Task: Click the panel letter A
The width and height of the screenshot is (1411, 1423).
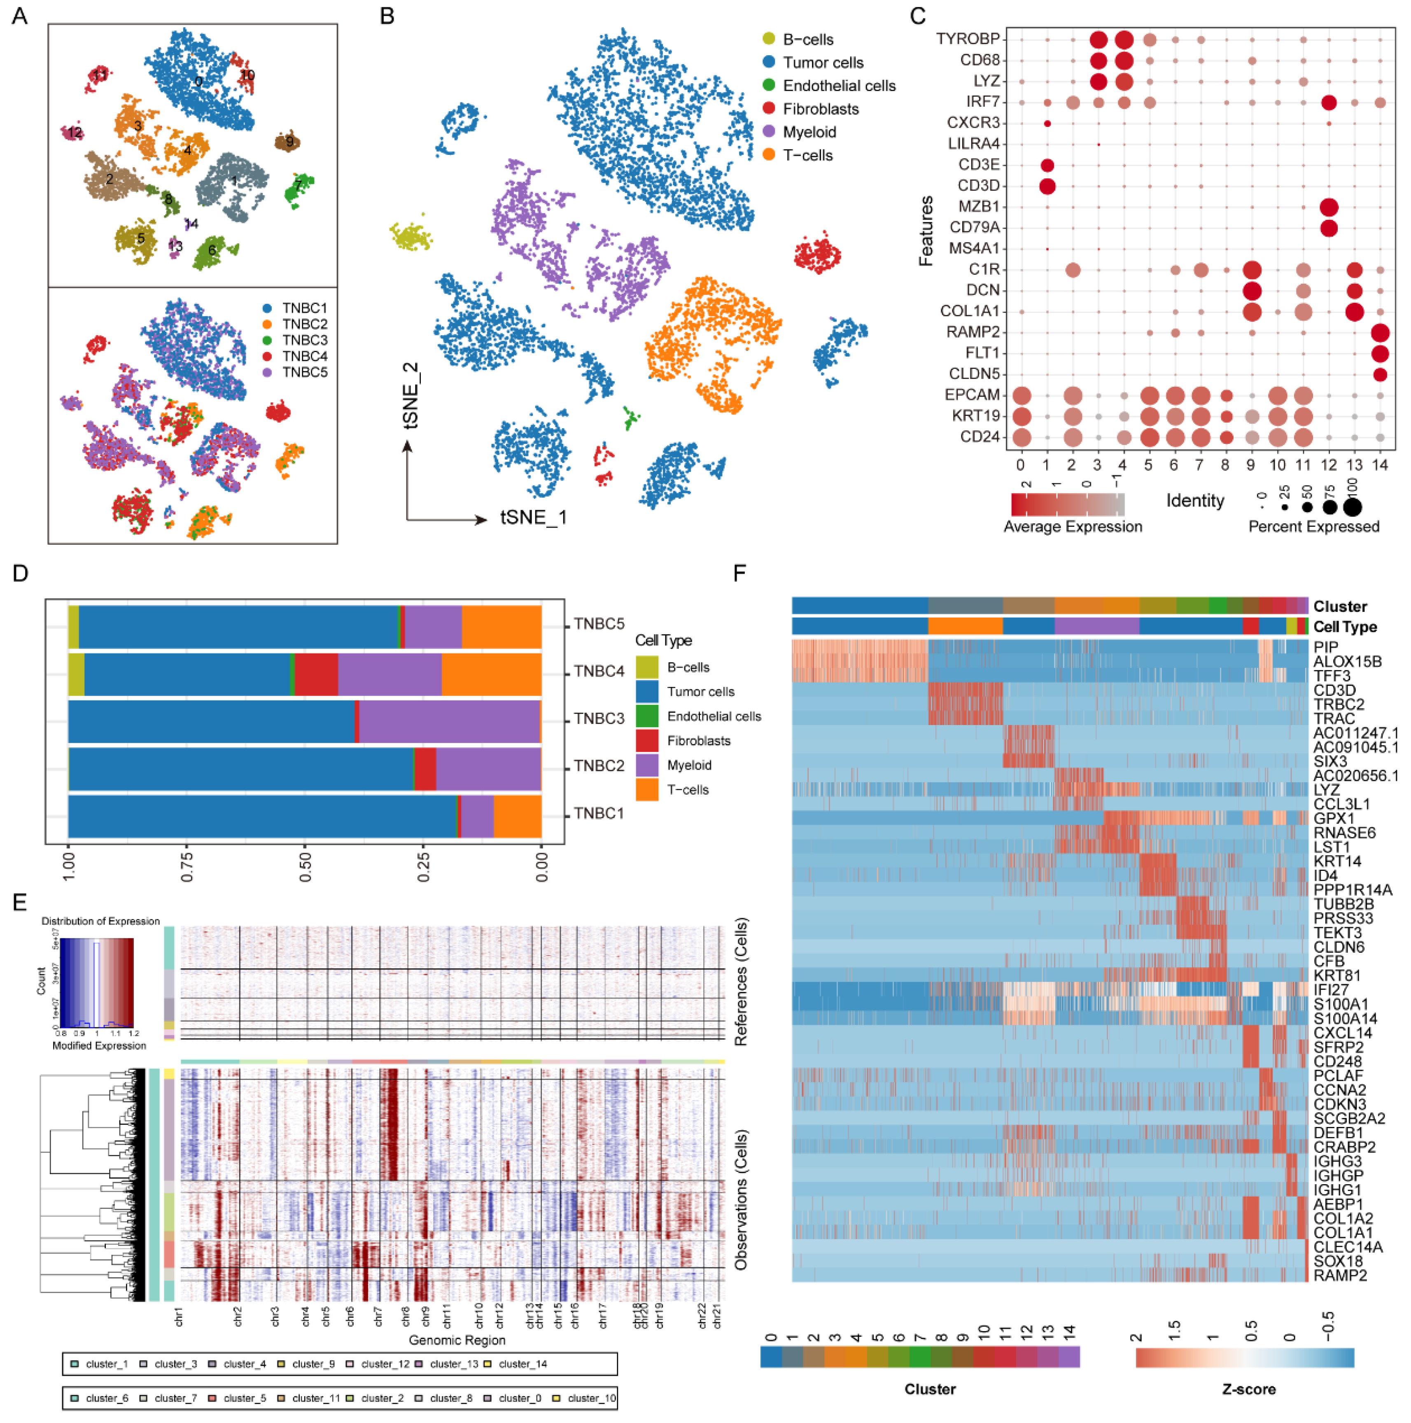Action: pyautogui.click(x=20, y=16)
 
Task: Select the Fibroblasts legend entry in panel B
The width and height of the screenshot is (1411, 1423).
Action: pyautogui.click(x=820, y=109)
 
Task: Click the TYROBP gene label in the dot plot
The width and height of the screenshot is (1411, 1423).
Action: pyautogui.click(x=967, y=39)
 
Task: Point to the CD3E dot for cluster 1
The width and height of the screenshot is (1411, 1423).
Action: pyautogui.click(x=1047, y=165)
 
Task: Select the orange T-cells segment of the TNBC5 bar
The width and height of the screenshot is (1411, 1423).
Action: pyautogui.click(x=501, y=627)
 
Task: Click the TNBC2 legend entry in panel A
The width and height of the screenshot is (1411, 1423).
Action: pyautogui.click(x=304, y=324)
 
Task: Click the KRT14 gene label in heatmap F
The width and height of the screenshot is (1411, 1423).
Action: pyautogui.click(x=1336, y=861)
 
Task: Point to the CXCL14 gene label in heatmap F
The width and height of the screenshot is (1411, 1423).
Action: pyautogui.click(x=1342, y=1033)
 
